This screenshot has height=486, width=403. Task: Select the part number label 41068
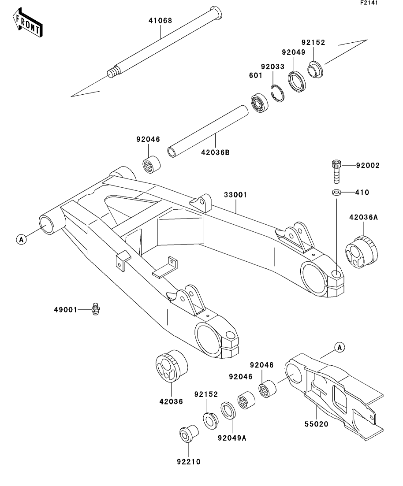[x=160, y=21]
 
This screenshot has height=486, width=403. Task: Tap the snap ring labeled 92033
[x=277, y=93]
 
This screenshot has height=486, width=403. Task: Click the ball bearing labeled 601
[x=259, y=103]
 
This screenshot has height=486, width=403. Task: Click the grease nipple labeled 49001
[x=95, y=309]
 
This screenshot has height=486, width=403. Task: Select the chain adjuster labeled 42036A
[x=362, y=252]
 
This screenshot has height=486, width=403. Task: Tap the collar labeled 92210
[x=189, y=433]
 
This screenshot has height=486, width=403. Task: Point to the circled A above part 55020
[x=340, y=348]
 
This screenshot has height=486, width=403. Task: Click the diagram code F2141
[x=369, y=3]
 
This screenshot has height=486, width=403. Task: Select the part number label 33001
[x=235, y=195]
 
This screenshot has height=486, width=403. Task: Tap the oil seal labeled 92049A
[x=228, y=411]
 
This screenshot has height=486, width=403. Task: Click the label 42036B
[x=215, y=152]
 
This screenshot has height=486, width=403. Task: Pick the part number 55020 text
[x=316, y=424]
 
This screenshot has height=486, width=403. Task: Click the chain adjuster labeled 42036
[x=172, y=367]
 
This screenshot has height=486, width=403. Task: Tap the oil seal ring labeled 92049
[x=297, y=82]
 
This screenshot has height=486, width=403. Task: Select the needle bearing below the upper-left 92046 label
[x=151, y=165]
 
